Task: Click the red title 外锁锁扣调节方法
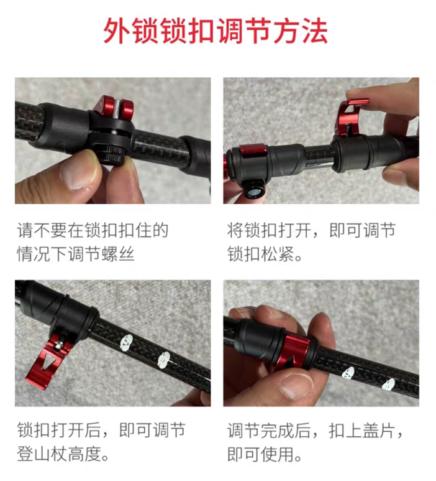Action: (216, 32)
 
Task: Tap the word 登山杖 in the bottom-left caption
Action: (42, 454)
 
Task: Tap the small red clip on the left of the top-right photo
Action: (253, 151)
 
